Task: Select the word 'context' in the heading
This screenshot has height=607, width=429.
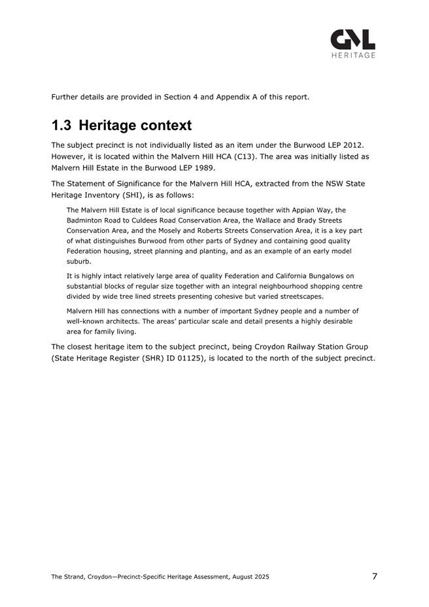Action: [x=162, y=125]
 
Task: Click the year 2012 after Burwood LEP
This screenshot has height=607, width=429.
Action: [x=361, y=144]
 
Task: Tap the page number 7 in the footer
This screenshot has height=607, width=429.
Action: [x=374, y=576]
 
